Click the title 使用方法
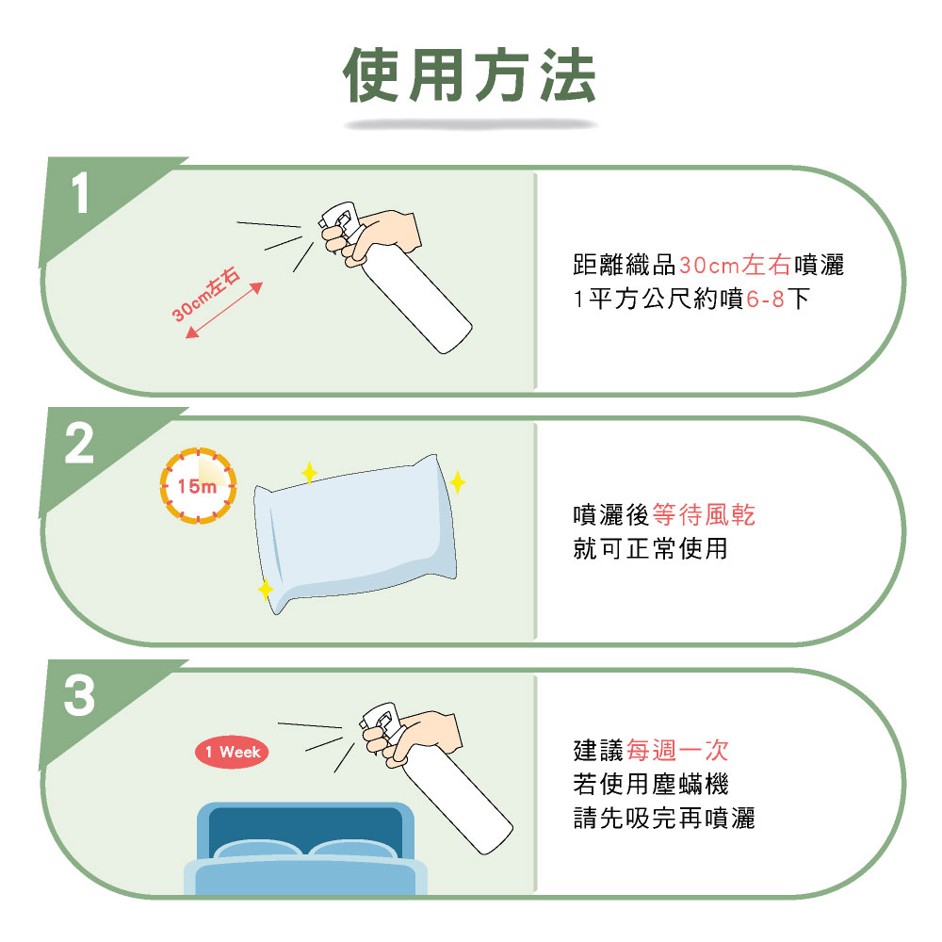[470, 74]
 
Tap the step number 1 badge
[80, 193]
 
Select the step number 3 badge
[79, 695]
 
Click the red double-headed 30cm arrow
[224, 310]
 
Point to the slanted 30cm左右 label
[206, 294]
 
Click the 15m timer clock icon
[198, 485]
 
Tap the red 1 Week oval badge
[232, 752]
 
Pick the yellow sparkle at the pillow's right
[457, 482]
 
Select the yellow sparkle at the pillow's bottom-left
[265, 590]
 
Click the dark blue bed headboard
[305, 829]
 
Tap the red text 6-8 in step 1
[765, 299]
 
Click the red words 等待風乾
[704, 515]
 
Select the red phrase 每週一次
[677, 751]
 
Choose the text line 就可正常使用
[651, 548]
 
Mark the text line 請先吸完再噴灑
[664, 818]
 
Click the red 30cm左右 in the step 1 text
[736, 265]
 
